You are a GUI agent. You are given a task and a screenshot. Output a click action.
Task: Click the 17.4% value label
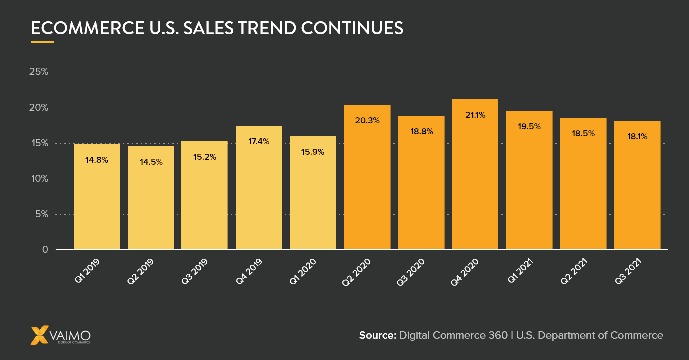[259, 142]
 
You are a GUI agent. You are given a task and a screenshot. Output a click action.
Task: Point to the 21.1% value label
[475, 115]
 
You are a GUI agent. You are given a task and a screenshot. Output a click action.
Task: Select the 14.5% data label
[151, 162]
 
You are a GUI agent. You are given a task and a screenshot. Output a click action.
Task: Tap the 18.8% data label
[421, 132]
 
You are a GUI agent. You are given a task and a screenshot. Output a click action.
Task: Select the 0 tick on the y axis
[45, 250]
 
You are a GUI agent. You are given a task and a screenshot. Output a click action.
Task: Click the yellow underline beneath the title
[43, 42]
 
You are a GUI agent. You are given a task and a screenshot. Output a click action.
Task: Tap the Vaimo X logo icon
[40, 335]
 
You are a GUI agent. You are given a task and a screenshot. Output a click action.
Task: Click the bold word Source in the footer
[377, 335]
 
